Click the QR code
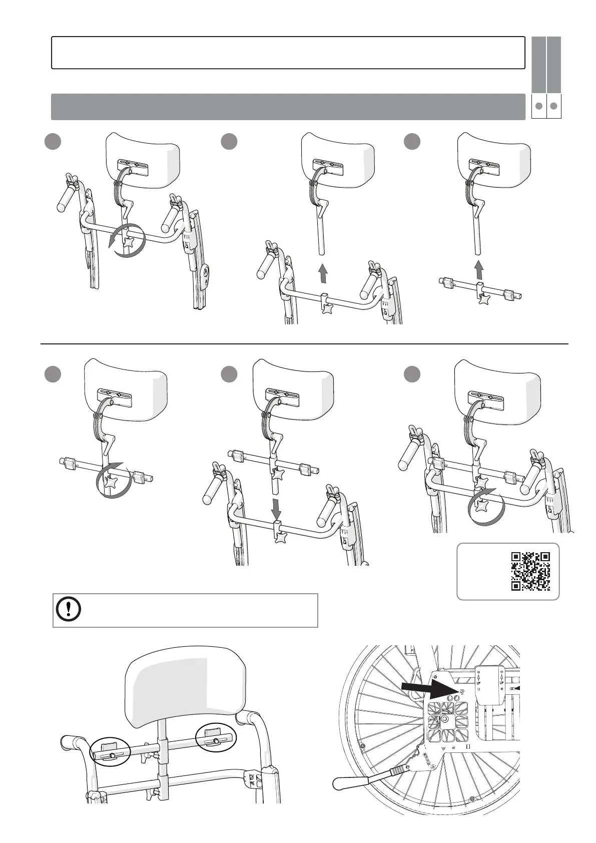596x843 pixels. [530, 571]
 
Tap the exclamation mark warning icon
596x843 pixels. [68, 610]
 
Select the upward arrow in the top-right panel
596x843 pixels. [479, 269]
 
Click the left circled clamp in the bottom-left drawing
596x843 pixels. [110, 752]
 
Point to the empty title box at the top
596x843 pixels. [288, 52]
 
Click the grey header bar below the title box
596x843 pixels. [288, 106]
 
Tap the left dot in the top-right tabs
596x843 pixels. [538, 106]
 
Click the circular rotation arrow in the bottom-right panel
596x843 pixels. [486, 507]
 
